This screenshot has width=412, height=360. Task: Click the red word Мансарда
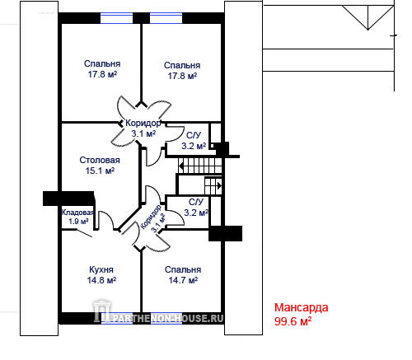302,307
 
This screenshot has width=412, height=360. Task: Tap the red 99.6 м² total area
293,321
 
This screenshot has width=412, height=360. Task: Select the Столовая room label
100,160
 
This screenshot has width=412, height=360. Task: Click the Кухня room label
101,269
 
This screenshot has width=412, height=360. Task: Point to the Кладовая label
77,213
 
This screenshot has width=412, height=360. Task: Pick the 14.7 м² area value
183,280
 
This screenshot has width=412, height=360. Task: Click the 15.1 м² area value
100,171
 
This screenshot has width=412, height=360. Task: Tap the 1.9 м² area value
78,221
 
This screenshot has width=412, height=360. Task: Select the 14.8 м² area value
101,280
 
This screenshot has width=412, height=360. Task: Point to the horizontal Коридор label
143,123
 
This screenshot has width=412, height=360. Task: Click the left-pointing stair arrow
181,166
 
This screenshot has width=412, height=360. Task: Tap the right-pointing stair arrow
219,186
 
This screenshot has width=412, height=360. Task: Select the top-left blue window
117,18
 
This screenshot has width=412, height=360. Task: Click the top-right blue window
166,18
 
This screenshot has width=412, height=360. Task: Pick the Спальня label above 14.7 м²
183,269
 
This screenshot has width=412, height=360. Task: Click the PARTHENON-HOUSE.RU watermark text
168,318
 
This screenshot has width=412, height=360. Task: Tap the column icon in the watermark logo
102,311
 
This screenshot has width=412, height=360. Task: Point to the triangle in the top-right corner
368,17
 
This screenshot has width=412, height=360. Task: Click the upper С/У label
194,135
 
